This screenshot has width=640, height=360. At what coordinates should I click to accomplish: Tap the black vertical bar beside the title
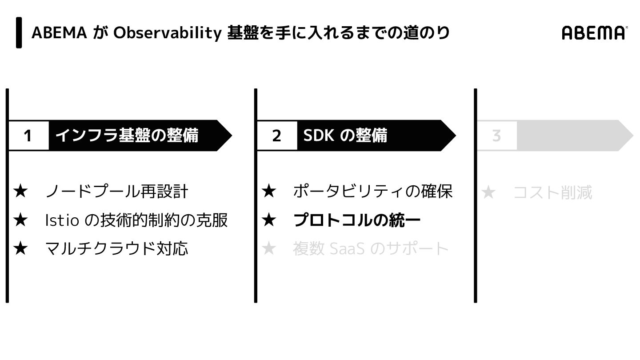pos(19,32)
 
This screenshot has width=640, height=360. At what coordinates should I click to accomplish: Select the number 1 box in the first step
pos(28,136)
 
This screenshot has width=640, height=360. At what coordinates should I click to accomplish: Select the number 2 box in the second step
pos(276,136)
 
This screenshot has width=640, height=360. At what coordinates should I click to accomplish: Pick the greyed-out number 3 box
pos(496,136)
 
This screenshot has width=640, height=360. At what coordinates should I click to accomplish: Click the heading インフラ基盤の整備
pos(127,135)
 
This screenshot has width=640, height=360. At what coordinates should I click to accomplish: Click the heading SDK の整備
pos(345,135)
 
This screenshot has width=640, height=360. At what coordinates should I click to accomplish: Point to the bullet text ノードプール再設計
pos(117,192)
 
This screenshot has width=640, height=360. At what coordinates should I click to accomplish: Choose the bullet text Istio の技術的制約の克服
pos(136,220)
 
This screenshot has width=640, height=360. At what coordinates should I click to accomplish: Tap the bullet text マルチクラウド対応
pos(116,248)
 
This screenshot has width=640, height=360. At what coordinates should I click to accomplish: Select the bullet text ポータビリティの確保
pos(372,192)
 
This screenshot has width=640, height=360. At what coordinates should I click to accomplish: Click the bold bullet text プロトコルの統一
pos(357,220)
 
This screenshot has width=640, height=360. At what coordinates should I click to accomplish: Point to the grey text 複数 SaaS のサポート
pos(371,248)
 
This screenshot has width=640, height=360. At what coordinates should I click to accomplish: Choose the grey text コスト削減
pos(552,193)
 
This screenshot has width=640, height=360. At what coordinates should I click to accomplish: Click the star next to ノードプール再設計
pos(20,192)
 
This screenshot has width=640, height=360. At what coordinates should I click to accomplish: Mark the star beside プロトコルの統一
pos(269,220)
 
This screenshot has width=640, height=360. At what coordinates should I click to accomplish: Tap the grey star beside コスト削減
pos(488,193)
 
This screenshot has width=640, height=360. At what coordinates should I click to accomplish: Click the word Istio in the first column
pos(62,220)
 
